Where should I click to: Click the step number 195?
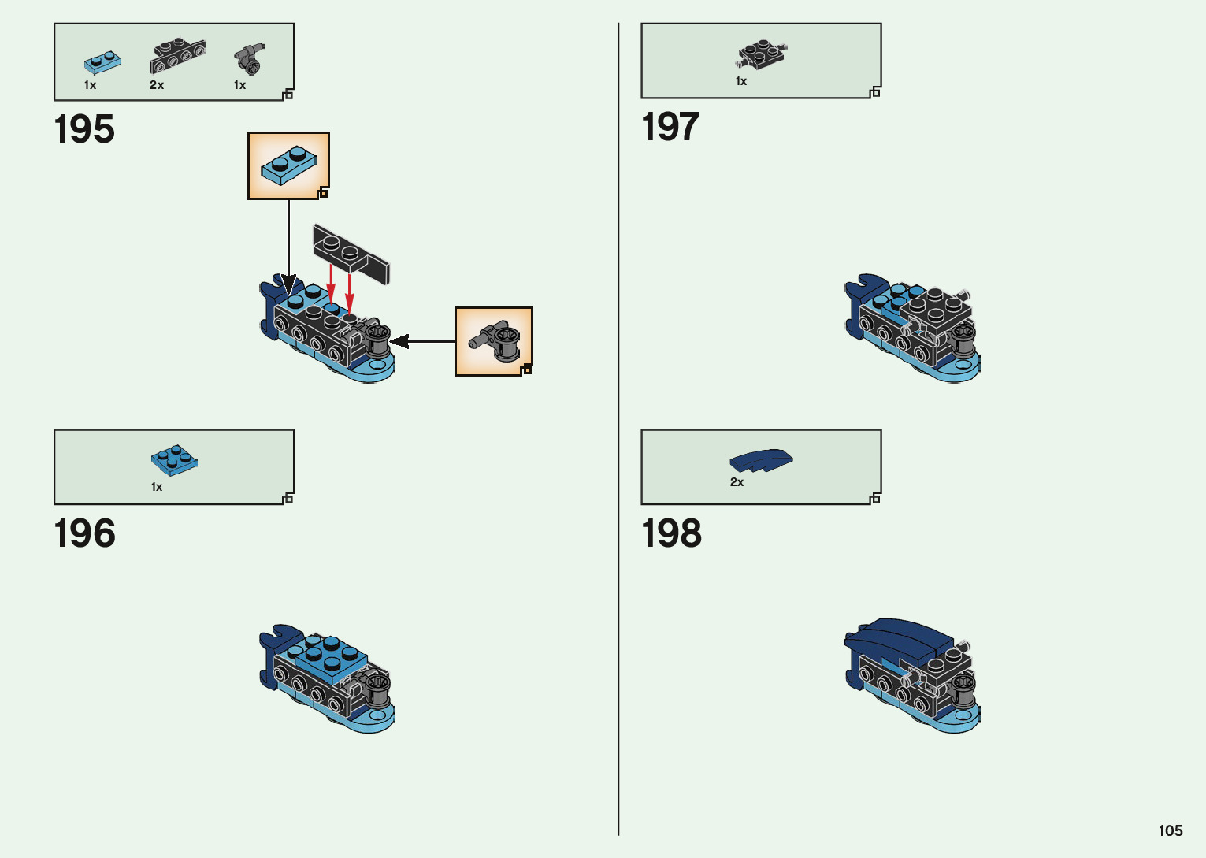84,129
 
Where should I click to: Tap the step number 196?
84,534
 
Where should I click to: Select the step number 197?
670,127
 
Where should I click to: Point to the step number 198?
671,534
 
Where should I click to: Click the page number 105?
1170,830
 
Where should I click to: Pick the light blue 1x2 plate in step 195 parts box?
102,62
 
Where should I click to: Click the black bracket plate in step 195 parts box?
177,55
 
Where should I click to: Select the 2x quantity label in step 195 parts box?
157,85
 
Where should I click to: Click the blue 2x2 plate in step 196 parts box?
174,460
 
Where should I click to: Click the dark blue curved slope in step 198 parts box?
761,459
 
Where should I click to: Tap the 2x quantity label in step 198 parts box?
737,482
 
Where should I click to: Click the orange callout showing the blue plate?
288,165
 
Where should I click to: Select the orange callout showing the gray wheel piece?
494,341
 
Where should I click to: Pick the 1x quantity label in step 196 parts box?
157,487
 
